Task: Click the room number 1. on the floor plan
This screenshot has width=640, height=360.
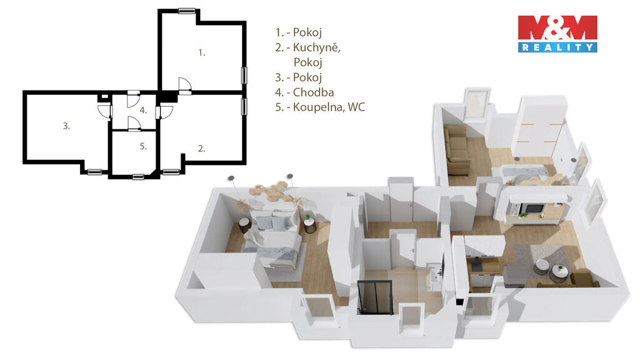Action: [202, 52]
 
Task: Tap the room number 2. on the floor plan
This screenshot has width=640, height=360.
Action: [202, 149]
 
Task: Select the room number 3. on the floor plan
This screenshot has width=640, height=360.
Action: [66, 126]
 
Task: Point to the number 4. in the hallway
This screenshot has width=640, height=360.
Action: [143, 110]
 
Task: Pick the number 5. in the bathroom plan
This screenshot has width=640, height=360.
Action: [143, 146]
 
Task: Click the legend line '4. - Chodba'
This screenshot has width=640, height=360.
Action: [304, 92]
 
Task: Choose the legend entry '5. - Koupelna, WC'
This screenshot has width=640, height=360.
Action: [320, 107]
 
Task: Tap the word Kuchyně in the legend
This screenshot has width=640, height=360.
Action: [316, 47]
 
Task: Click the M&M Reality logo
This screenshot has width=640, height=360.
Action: [557, 34]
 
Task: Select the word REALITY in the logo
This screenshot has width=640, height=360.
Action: [557, 47]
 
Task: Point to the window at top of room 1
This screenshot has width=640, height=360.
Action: [187, 11]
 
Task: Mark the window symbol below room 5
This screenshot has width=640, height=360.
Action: [138, 177]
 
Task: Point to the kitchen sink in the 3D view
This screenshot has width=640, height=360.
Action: [477, 266]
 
